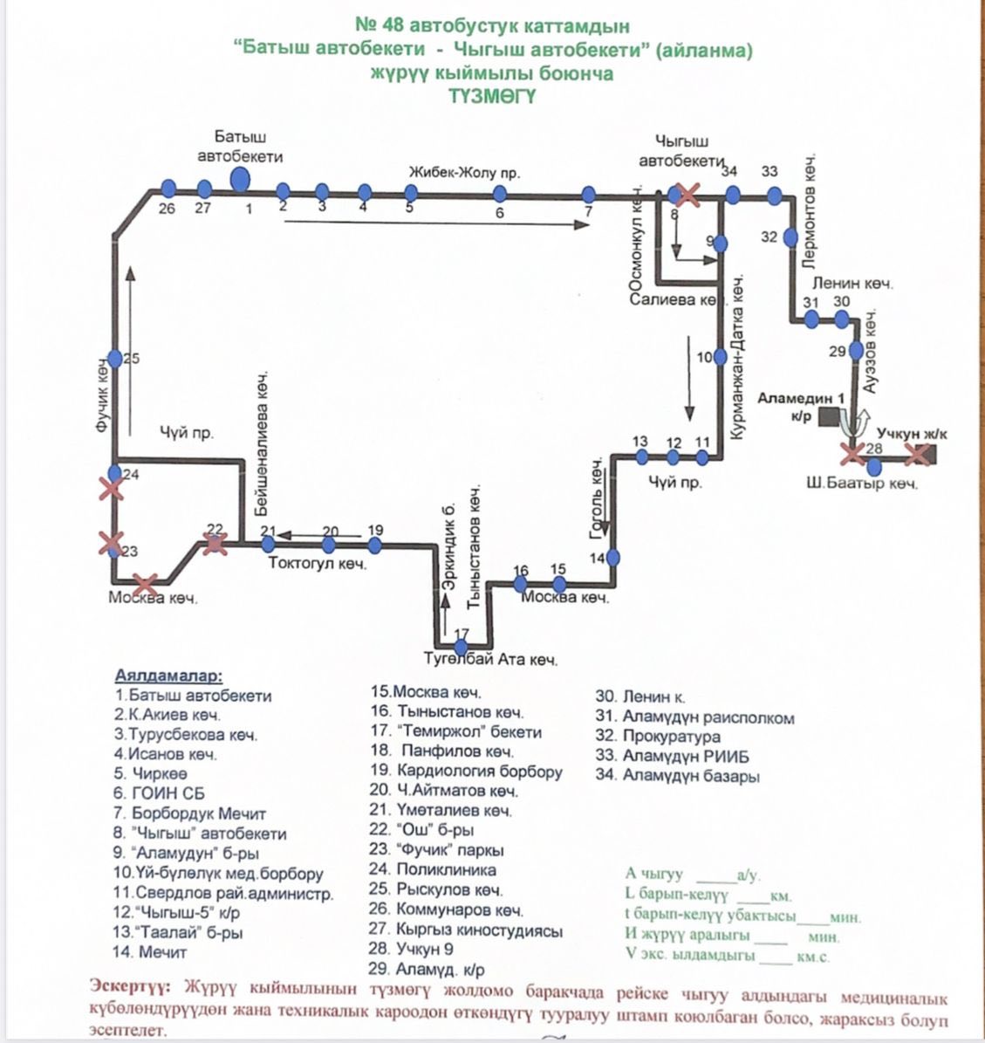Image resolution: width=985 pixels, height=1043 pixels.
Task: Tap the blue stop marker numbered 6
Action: tap(500, 194)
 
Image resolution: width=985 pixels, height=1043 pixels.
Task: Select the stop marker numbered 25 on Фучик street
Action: tap(115, 359)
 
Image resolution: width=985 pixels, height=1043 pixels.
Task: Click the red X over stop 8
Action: tap(687, 195)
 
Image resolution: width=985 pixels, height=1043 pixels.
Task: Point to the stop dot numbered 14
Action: tap(613, 557)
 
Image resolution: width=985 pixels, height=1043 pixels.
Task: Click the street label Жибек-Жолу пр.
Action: tap(464, 173)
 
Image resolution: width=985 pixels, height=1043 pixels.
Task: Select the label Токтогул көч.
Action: tap(318, 564)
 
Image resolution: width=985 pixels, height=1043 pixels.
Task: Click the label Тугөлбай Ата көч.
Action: tap(491, 659)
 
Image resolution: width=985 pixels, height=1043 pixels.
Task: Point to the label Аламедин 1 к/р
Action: tap(801, 406)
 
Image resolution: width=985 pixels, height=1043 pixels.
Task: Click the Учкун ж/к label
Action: tap(912, 433)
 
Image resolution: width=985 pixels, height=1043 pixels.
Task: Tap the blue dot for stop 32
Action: tap(790, 237)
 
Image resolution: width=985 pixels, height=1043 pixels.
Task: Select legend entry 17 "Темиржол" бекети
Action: tap(455, 731)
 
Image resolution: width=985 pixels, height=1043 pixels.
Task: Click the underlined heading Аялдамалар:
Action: tap(168, 676)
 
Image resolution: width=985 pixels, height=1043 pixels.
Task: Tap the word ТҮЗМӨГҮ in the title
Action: tap(492, 96)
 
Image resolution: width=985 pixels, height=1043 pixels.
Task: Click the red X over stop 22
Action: tap(215, 545)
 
